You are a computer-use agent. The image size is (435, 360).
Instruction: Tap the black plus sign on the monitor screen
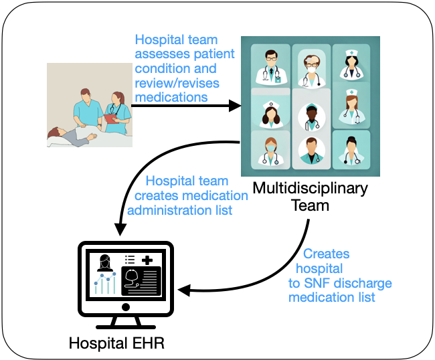coord(147,260)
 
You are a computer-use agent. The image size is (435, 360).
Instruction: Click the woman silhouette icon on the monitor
coord(105,262)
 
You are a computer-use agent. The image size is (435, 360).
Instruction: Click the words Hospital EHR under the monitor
coord(116,345)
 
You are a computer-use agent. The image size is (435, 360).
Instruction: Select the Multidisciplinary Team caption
coord(309,197)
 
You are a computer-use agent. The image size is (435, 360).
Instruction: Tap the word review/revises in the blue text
coord(171,83)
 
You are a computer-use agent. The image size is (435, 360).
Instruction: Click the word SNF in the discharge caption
coord(315,283)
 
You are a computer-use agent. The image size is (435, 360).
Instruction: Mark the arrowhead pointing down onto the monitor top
coord(121,229)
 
